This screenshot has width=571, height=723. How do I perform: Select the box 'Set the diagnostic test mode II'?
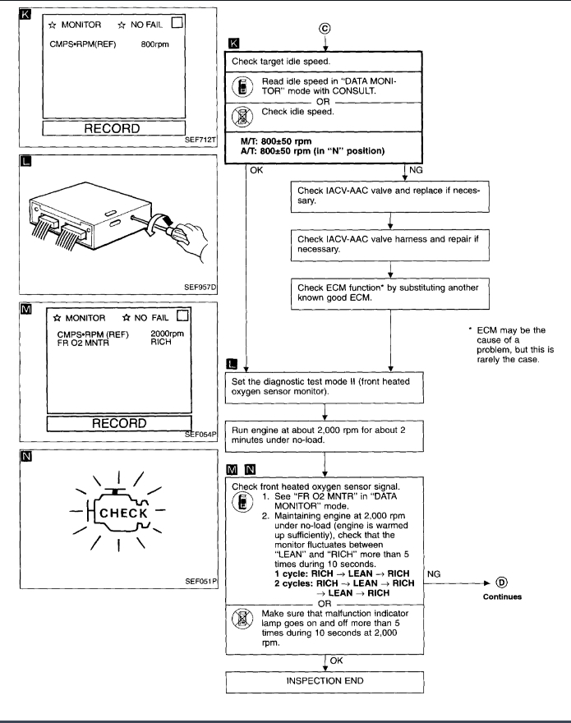click(x=328, y=387)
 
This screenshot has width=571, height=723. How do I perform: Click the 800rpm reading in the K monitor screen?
click(x=154, y=44)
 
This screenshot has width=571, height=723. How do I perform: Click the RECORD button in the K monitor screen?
click(x=116, y=129)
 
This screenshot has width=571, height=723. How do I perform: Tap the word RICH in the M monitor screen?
click(x=162, y=343)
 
